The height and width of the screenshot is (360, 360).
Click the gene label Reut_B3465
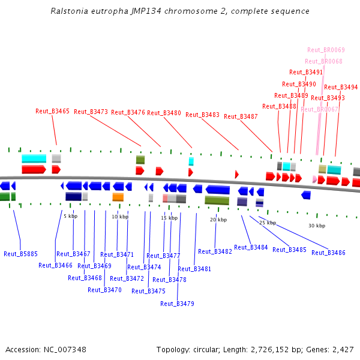tap(52, 111)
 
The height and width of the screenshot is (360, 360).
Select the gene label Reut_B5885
tap(20, 254)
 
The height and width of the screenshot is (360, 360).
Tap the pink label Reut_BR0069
tap(326, 50)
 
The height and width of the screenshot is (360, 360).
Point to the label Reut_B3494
tap(341, 87)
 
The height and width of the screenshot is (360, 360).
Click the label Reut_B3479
tap(177, 304)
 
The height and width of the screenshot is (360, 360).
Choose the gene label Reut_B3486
tap(328, 253)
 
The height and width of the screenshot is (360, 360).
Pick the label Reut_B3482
tap(215, 251)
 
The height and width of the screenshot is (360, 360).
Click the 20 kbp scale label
tap(218, 220)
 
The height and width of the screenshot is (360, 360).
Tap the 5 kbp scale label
tap(71, 215)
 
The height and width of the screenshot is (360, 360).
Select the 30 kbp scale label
tap(317, 226)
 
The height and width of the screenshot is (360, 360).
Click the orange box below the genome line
tap(118, 197)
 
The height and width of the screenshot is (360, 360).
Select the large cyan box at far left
tap(34, 158)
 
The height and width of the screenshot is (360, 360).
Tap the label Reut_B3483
tap(202, 115)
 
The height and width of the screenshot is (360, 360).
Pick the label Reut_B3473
tap(91, 112)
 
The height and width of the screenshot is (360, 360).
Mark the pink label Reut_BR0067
tap(320, 109)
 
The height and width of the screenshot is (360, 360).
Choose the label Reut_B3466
tap(55, 265)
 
